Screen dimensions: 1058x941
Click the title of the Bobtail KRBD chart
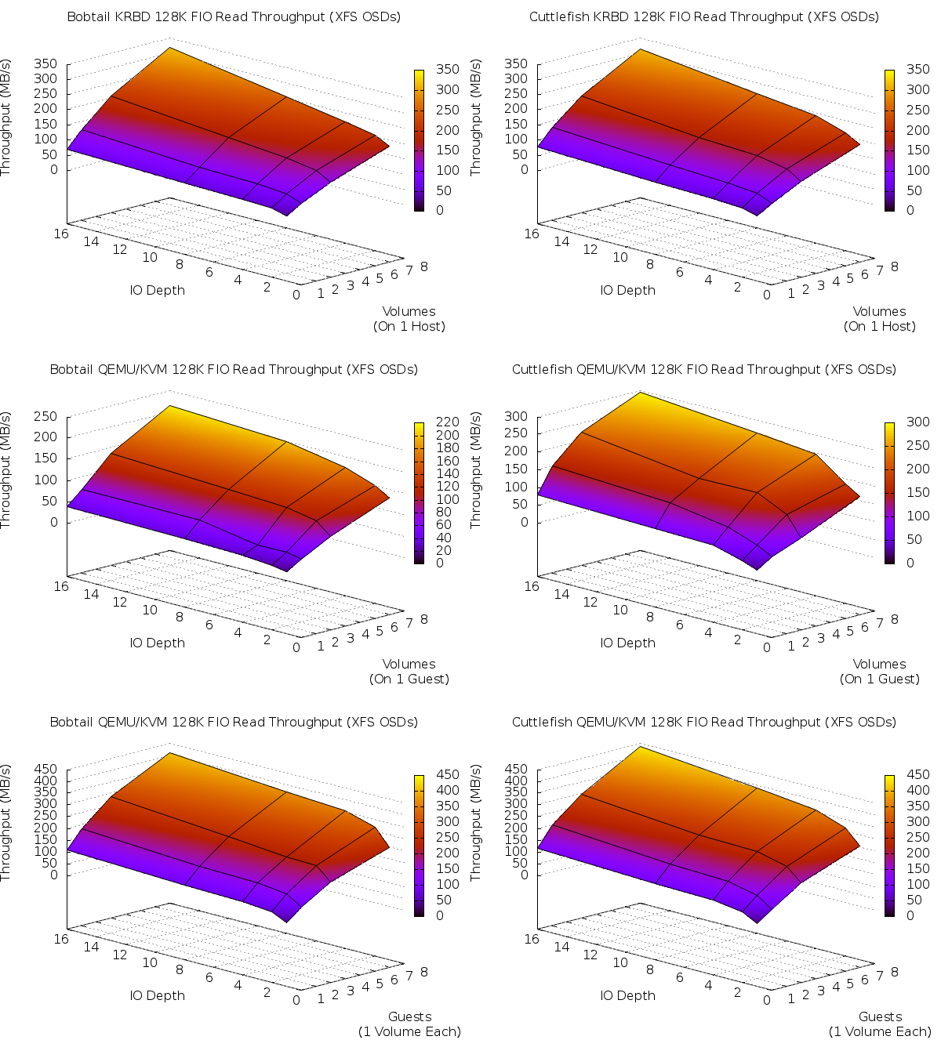pos(234,16)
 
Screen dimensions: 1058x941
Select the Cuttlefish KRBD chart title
pos(704,16)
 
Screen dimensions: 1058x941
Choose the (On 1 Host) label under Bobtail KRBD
pos(409,326)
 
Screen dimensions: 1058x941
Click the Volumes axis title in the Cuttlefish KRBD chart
pos(879,311)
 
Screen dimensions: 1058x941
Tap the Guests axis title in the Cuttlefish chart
pos(880,1016)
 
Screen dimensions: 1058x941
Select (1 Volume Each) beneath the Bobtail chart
pos(409,1031)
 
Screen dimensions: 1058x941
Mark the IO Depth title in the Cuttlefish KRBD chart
pos(627,290)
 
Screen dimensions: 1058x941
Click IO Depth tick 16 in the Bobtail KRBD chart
pos(61,233)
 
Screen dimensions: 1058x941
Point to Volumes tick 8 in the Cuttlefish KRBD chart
pos(894,266)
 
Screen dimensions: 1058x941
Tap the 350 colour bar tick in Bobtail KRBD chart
pos(448,70)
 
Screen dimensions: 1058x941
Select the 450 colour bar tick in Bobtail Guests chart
pos(448,775)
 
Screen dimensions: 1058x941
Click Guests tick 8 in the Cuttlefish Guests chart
pos(894,972)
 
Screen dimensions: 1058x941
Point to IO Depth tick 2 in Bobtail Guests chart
pos(267,991)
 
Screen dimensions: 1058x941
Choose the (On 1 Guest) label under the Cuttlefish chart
pos(880,679)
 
